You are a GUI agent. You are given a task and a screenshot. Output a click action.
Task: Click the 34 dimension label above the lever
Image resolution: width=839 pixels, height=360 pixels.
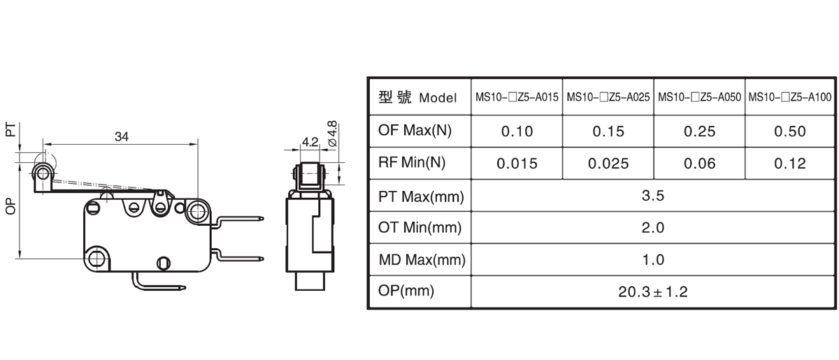pyautogui.click(x=122, y=137)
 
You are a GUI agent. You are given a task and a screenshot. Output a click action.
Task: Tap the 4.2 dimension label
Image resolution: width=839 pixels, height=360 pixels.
pyautogui.click(x=310, y=142)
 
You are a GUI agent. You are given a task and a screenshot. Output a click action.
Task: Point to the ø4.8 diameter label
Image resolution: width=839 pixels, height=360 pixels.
pyautogui.click(x=332, y=134)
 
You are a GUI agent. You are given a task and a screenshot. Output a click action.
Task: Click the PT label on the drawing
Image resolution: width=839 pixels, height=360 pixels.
pyautogui.click(x=10, y=129)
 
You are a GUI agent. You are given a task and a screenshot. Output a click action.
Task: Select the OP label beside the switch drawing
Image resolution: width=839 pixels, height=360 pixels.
pyautogui.click(x=10, y=206)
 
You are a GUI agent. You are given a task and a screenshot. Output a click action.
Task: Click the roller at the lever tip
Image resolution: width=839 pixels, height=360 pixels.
pyautogui.click(x=43, y=174)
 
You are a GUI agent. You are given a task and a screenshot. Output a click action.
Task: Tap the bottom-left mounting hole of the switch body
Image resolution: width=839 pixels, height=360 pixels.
pyautogui.click(x=97, y=258)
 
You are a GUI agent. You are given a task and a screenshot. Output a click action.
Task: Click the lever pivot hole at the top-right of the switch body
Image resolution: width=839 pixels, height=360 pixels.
pyautogui.click(x=197, y=212)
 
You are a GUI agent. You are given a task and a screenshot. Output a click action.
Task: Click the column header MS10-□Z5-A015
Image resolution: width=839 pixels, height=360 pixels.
pyautogui.click(x=517, y=97)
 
